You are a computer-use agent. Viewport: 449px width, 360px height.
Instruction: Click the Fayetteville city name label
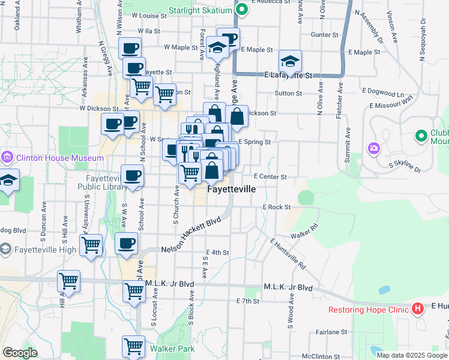(x=231, y=189)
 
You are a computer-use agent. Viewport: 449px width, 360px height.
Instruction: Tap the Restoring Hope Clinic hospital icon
(x=418, y=310)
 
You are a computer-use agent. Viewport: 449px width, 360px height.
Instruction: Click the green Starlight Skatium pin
(x=241, y=10)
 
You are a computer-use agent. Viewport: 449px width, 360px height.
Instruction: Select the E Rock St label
(x=276, y=207)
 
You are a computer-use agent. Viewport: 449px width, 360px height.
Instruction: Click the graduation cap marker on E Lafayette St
(x=290, y=61)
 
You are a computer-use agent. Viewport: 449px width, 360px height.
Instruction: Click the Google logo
(x=20, y=353)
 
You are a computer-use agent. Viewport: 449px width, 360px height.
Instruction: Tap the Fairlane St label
(x=331, y=331)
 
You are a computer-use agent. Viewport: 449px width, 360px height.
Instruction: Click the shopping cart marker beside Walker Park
(x=133, y=346)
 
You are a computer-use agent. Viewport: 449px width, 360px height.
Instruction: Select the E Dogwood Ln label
(x=382, y=94)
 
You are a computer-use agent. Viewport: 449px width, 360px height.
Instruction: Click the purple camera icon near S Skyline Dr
(x=373, y=148)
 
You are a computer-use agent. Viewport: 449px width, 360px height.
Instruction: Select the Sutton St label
(x=288, y=94)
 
